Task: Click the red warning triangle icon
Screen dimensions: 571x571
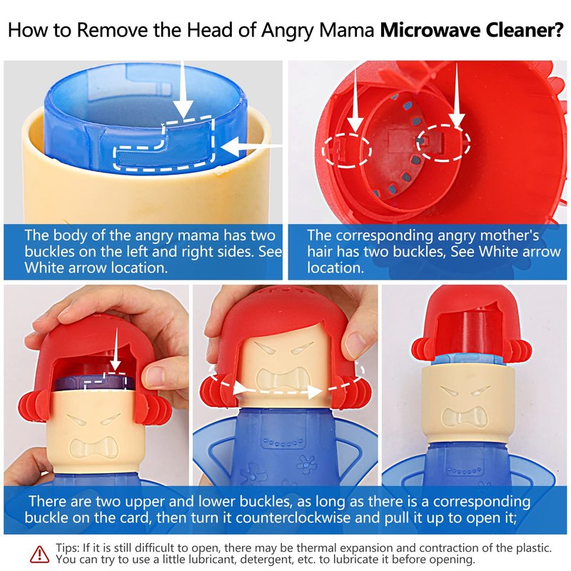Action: (x=39, y=555)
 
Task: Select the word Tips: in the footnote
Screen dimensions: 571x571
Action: (x=67, y=548)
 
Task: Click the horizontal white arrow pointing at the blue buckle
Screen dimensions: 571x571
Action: (x=252, y=146)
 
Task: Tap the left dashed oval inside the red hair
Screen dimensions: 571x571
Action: (x=346, y=150)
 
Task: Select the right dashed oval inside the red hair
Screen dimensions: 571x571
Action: (x=443, y=141)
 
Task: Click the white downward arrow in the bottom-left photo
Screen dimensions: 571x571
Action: (x=116, y=349)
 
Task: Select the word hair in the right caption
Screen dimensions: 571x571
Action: (x=319, y=252)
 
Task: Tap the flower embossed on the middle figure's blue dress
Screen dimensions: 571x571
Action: (x=307, y=463)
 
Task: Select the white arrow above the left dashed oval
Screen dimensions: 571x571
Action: (x=355, y=100)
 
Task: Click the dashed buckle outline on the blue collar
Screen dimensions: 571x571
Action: (x=164, y=144)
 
